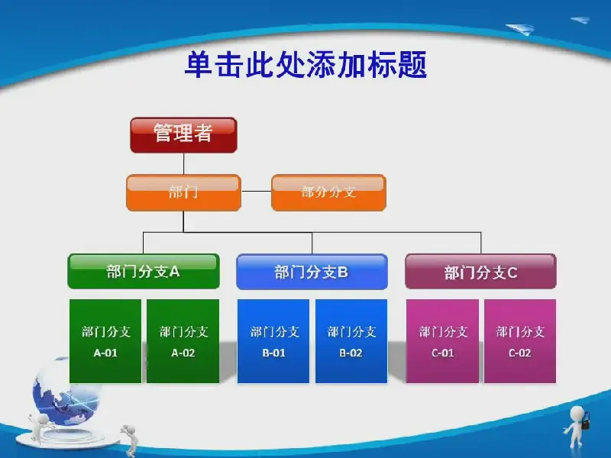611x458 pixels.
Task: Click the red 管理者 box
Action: click(x=183, y=135)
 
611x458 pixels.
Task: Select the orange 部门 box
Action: click(x=183, y=193)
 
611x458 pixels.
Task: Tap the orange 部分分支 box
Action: click(x=328, y=193)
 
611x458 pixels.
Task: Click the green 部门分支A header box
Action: click(x=144, y=272)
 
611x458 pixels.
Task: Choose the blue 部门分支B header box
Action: click(x=312, y=272)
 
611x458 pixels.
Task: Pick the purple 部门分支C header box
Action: click(x=481, y=272)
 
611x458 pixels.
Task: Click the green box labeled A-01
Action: click(x=105, y=341)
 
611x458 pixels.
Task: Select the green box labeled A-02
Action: click(x=183, y=341)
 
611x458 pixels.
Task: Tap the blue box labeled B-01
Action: click(x=273, y=341)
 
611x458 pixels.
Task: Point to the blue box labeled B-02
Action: click(x=351, y=341)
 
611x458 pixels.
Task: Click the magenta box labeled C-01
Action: click(x=443, y=341)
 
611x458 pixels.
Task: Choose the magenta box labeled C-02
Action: click(x=520, y=341)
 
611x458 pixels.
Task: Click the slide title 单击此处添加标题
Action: click(x=306, y=64)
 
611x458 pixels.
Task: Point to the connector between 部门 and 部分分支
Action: click(x=256, y=192)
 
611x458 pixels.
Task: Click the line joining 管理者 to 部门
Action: click(x=183, y=163)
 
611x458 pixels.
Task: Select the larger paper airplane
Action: click(x=520, y=29)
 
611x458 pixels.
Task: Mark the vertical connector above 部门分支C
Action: click(x=481, y=243)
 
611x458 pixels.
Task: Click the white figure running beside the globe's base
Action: click(x=131, y=440)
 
